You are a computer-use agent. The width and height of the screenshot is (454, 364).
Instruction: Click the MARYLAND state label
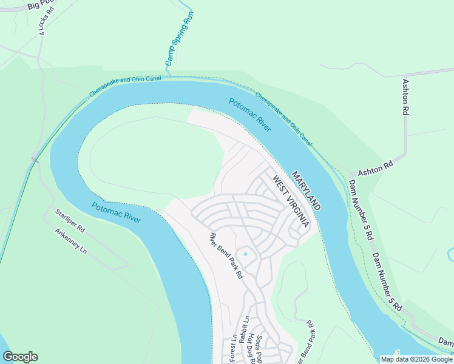click(x=306, y=190)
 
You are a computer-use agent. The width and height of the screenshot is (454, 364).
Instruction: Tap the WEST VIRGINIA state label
click(x=291, y=201)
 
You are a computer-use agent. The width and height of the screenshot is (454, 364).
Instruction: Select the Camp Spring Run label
click(x=180, y=39)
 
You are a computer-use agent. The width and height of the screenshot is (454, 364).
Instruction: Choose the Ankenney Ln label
click(x=70, y=241)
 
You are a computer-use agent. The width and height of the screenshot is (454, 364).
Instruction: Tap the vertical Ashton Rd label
click(x=405, y=97)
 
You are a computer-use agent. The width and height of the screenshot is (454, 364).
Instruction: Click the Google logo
click(x=20, y=357)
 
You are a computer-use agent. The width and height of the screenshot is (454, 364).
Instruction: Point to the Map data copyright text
click(x=416, y=359)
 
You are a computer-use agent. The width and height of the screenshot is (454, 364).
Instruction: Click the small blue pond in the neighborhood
click(x=245, y=254)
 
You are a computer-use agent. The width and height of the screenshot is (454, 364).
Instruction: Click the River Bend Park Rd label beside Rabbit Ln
click(x=226, y=255)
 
